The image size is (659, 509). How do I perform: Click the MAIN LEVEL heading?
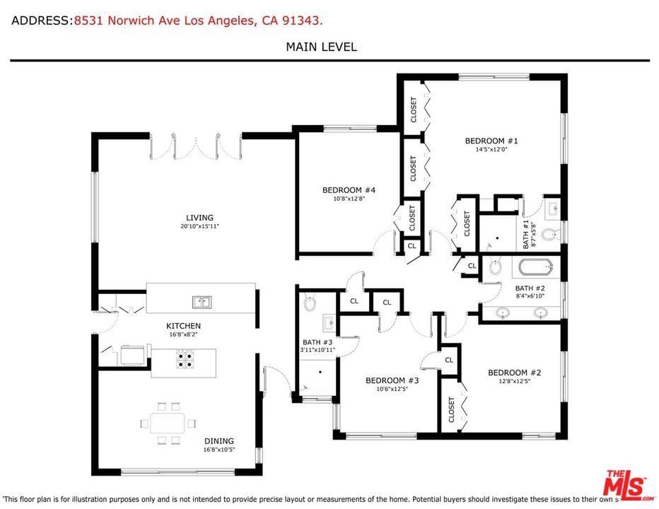coord(322,47)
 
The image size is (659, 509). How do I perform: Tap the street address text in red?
coord(199,21)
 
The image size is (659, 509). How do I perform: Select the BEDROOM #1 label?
coord(491,141)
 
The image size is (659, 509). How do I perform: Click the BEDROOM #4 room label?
coord(349,190)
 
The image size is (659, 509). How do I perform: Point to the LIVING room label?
coord(199,218)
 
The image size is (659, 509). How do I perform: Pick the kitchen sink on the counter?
coord(202,302)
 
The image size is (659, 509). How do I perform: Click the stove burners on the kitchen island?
coord(185,359)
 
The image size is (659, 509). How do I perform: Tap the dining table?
coord(168,423)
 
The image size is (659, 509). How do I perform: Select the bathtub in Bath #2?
coord(535,267)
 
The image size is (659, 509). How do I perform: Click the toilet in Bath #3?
coord(310,303)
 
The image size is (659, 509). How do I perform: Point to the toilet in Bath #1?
coord(549,235)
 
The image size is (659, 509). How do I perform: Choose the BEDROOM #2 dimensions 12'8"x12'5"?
coord(515,381)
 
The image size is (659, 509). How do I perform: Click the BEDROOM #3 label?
coord(392,380)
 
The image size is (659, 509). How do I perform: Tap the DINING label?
coord(219,441)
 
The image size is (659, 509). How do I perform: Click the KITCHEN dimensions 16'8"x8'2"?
coord(183,334)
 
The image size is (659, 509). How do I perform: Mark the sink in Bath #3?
coord(329,323)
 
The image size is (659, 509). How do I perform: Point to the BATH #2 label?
coord(530,288)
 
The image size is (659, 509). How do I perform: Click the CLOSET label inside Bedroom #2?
coord(451,410)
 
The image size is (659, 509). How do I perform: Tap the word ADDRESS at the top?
coord(40,21)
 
